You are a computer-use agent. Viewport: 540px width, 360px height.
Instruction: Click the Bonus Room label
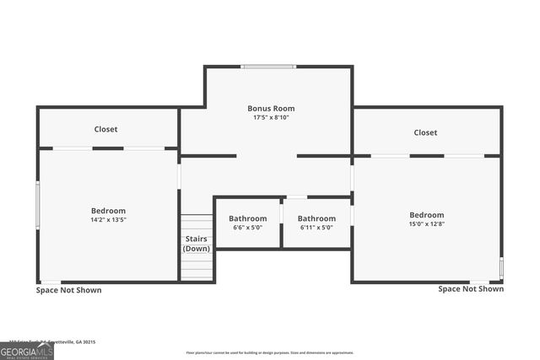[x=271, y=109]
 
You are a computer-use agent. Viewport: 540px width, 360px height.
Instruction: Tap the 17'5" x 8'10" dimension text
[x=271, y=117]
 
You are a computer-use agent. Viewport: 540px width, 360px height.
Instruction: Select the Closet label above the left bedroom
[x=105, y=129]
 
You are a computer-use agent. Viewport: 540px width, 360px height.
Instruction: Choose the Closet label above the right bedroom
[x=425, y=132]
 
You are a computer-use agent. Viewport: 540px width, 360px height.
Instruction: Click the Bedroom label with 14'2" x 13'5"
[x=108, y=211]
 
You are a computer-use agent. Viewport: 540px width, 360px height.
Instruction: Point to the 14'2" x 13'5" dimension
[x=108, y=219]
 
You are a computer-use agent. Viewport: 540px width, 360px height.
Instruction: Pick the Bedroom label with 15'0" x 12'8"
[x=426, y=215]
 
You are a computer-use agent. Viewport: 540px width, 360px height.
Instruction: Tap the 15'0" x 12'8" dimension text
[x=426, y=223]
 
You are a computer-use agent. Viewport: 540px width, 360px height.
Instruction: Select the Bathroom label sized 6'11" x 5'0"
[x=316, y=218]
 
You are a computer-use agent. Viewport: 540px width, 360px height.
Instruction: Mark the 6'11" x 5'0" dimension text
[x=316, y=227]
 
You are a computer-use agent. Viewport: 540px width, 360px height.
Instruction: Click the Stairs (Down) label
[x=197, y=244]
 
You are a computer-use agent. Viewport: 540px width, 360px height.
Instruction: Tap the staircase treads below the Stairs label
[x=197, y=267]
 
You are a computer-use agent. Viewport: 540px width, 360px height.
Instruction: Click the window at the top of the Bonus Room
[x=268, y=67]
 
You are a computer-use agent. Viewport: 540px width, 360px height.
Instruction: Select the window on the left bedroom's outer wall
[x=38, y=204]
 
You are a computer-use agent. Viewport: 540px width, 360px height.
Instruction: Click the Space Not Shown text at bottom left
[x=68, y=290]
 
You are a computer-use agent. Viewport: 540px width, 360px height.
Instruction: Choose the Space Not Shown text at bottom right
[x=471, y=288]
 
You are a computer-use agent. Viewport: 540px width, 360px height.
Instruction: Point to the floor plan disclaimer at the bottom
[x=270, y=352]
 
